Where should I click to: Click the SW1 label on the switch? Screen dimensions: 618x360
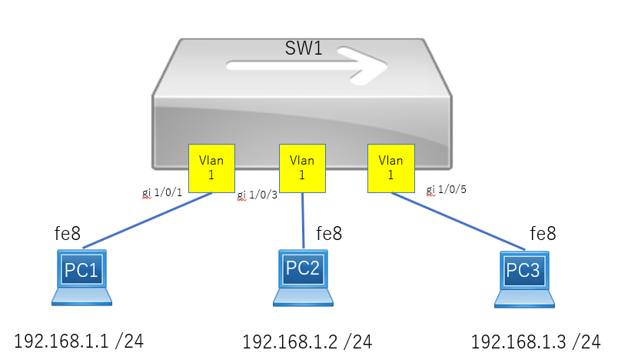click(304, 48)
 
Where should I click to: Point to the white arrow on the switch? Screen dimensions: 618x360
click(307, 65)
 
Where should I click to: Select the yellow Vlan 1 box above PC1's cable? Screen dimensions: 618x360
click(211, 168)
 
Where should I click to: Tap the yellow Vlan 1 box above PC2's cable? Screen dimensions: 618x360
click(302, 168)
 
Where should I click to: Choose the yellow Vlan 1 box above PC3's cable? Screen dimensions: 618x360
click(391, 168)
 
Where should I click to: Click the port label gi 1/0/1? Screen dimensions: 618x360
click(162, 192)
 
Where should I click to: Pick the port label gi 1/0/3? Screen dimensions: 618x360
click(257, 195)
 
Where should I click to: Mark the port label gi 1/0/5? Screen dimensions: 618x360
click(446, 190)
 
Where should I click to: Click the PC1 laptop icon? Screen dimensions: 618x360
click(81, 278)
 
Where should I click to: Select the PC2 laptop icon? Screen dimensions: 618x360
click(303, 278)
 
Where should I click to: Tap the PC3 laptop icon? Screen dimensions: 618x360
click(524, 279)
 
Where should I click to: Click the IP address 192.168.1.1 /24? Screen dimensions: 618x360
click(79, 341)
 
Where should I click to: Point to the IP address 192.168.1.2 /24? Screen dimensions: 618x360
click(307, 342)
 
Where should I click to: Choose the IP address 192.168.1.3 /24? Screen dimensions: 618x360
click(536, 342)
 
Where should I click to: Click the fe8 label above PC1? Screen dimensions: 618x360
click(68, 233)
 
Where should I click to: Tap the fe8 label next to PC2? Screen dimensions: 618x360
click(329, 233)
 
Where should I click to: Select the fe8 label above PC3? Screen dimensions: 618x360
click(543, 233)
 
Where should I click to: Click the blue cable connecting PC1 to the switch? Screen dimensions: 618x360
click(148, 221)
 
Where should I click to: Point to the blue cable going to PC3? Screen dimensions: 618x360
click(458, 222)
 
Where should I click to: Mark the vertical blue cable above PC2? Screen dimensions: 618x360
click(303, 221)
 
